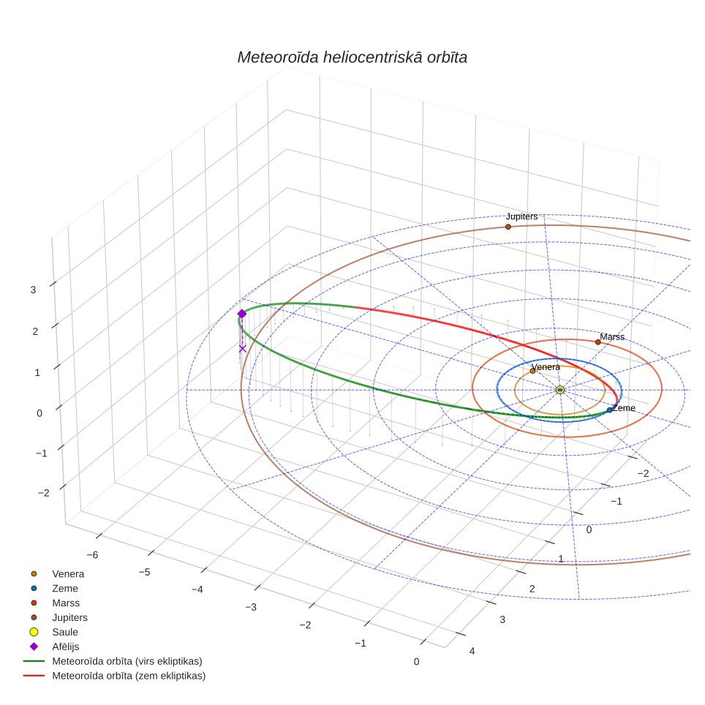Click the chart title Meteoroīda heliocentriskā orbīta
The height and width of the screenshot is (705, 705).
(352, 58)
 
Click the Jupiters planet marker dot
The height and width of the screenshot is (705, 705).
(508, 227)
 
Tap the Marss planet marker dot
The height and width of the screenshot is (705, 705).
(598, 342)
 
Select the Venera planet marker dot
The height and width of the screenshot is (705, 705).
(533, 371)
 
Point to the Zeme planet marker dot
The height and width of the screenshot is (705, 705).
(610, 410)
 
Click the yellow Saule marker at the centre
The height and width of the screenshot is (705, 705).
(559, 390)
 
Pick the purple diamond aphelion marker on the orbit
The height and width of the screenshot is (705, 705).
(242, 314)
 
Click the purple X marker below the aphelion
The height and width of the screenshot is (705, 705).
(242, 348)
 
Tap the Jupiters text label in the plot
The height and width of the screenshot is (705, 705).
(521, 216)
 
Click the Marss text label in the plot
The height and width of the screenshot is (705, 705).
(612, 336)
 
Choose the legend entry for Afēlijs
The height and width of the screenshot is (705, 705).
(54, 646)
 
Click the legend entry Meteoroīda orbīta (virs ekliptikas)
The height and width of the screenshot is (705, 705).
(113, 661)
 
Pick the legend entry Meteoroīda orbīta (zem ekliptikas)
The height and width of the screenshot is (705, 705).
(115, 676)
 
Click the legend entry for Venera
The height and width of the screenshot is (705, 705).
(57, 573)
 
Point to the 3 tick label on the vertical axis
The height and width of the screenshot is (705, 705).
(33, 290)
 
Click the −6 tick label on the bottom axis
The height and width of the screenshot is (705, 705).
(92, 555)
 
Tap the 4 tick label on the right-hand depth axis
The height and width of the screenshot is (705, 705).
(472, 651)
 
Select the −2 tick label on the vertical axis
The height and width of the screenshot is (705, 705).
(44, 493)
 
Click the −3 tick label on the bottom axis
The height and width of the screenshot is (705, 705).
(251, 608)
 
